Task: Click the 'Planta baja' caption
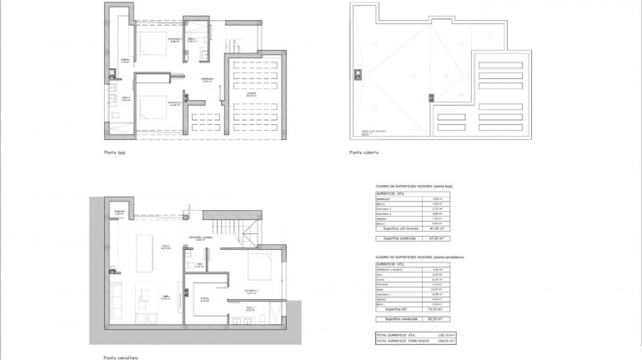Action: pyautogui.click(x=115, y=152)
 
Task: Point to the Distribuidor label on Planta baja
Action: pyautogui.click(x=208, y=80)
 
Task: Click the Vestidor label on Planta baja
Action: pyautogui.click(x=124, y=61)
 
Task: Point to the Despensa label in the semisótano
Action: pyautogui.click(x=119, y=213)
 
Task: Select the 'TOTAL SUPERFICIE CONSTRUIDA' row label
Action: pyautogui.click(x=399, y=340)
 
